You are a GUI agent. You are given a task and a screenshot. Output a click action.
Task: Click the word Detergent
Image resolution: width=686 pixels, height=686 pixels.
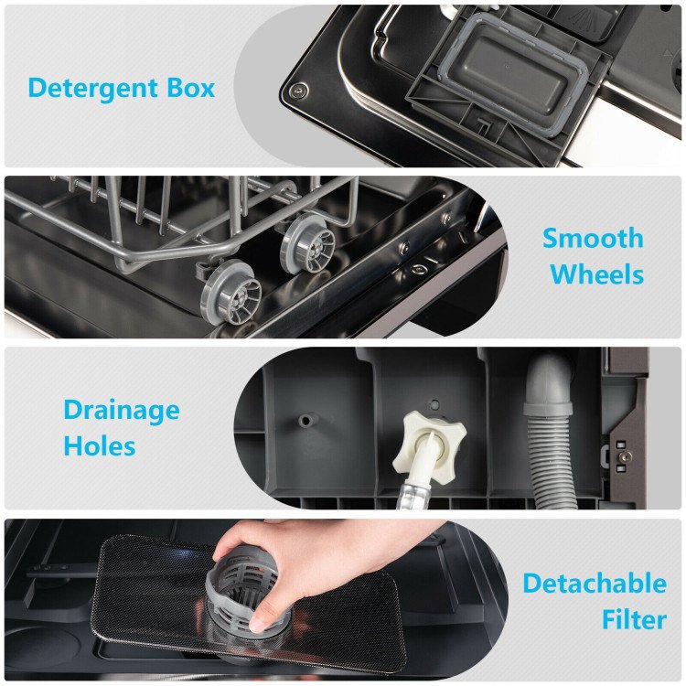[92, 90]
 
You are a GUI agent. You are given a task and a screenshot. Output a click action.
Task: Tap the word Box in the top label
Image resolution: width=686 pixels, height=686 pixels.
[191, 88]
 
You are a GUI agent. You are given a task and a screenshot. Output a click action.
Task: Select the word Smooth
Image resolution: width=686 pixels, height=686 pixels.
[593, 238]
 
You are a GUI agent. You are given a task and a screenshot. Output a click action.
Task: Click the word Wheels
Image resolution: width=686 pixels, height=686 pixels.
[596, 274]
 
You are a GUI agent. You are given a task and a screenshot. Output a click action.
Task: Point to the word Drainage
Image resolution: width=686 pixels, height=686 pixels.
[122, 412]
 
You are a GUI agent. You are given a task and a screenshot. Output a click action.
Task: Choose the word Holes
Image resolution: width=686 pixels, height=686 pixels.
[100, 445]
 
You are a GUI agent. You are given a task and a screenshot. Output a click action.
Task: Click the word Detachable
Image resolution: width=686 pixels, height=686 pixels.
[595, 584]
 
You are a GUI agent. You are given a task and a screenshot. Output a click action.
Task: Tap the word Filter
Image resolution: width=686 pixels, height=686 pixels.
[634, 619]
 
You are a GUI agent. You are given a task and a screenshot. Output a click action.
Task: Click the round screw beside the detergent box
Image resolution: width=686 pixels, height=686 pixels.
[299, 91]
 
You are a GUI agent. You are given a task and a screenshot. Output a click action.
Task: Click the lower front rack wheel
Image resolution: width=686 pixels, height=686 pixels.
[230, 292]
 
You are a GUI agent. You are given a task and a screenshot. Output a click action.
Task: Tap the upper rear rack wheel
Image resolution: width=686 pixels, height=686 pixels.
[308, 243]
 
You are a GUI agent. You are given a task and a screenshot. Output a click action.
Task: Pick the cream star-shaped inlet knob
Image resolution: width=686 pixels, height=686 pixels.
[427, 444]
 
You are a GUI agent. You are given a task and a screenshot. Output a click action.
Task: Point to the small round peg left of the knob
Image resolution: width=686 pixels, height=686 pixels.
[305, 421]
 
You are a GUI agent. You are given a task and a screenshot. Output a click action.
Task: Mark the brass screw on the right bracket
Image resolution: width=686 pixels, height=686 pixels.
[626, 456]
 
